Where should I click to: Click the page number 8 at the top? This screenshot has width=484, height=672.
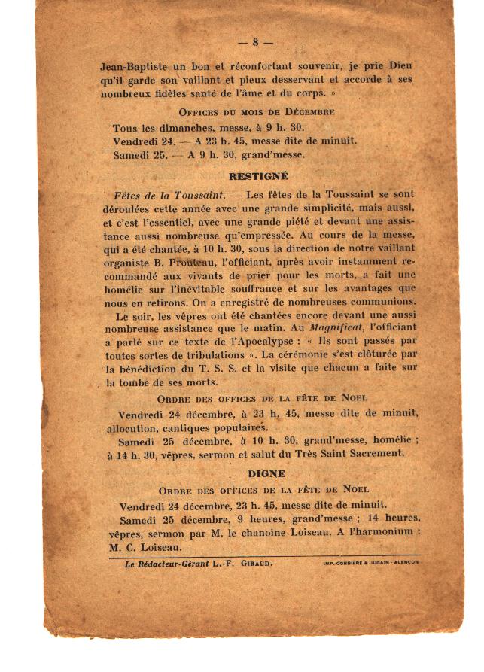(256, 42)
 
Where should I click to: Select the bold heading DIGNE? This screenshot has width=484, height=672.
(266, 473)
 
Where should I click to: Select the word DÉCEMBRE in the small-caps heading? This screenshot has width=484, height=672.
(308, 112)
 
